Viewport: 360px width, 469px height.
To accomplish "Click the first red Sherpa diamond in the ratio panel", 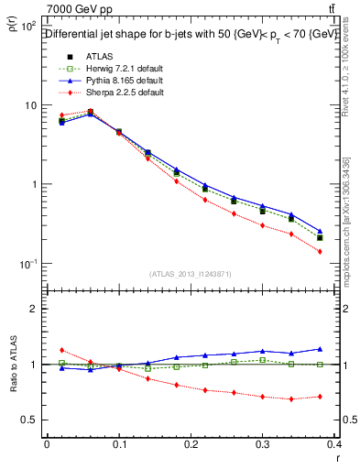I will point(61,350).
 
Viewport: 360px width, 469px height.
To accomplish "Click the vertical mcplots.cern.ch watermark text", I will point(349,211).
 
